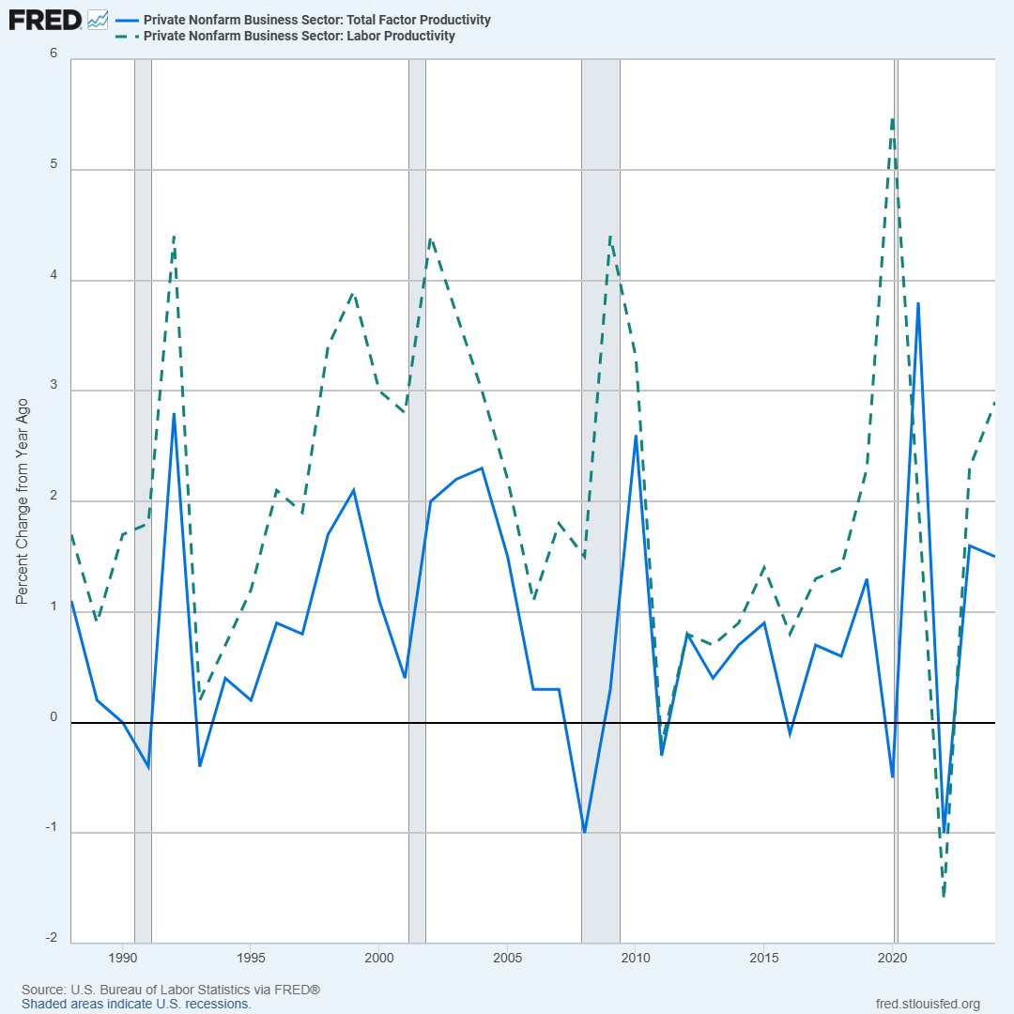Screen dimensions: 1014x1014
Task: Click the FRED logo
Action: pos(45,20)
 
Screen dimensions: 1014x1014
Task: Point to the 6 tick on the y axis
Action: pos(54,53)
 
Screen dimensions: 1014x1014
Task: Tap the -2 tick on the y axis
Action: pos(52,938)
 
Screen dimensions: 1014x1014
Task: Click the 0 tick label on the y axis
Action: pos(54,716)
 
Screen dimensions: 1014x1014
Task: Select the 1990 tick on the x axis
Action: pos(123,958)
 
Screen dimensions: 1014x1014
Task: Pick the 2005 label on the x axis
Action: pos(508,958)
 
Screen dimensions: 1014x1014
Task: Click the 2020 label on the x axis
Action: pos(893,958)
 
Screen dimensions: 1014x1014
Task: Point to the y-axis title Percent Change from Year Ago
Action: pos(22,501)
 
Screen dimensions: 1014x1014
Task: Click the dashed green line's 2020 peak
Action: pos(893,119)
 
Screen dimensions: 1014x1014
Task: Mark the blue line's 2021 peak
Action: pos(918,302)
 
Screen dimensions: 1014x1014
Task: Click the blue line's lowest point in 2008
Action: pos(585,833)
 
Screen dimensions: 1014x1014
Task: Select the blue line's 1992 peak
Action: pos(174,413)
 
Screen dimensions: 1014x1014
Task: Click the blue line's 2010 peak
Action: pos(636,436)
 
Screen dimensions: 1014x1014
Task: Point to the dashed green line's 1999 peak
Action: pos(353,292)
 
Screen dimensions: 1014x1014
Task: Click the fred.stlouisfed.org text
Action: pos(928,1004)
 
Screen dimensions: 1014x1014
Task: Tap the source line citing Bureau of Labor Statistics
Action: pos(171,990)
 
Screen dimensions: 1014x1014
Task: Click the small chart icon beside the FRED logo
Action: pos(98,20)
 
